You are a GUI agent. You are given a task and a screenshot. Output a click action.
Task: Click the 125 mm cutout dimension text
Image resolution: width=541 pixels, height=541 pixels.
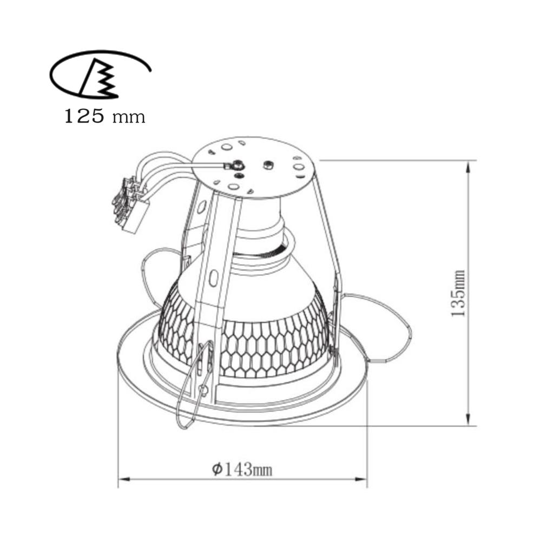point(105,116)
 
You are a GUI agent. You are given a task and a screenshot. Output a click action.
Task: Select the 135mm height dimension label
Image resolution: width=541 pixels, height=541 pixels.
point(458,293)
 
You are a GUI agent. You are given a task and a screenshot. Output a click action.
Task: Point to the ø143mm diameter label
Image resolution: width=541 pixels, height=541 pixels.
point(242,469)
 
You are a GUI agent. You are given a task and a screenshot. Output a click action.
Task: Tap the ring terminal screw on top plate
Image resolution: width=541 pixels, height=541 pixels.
point(237,166)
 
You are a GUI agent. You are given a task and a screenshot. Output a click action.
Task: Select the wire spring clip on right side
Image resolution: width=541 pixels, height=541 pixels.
point(379,325)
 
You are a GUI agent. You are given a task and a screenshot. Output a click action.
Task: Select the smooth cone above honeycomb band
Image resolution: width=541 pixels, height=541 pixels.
point(270,287)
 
